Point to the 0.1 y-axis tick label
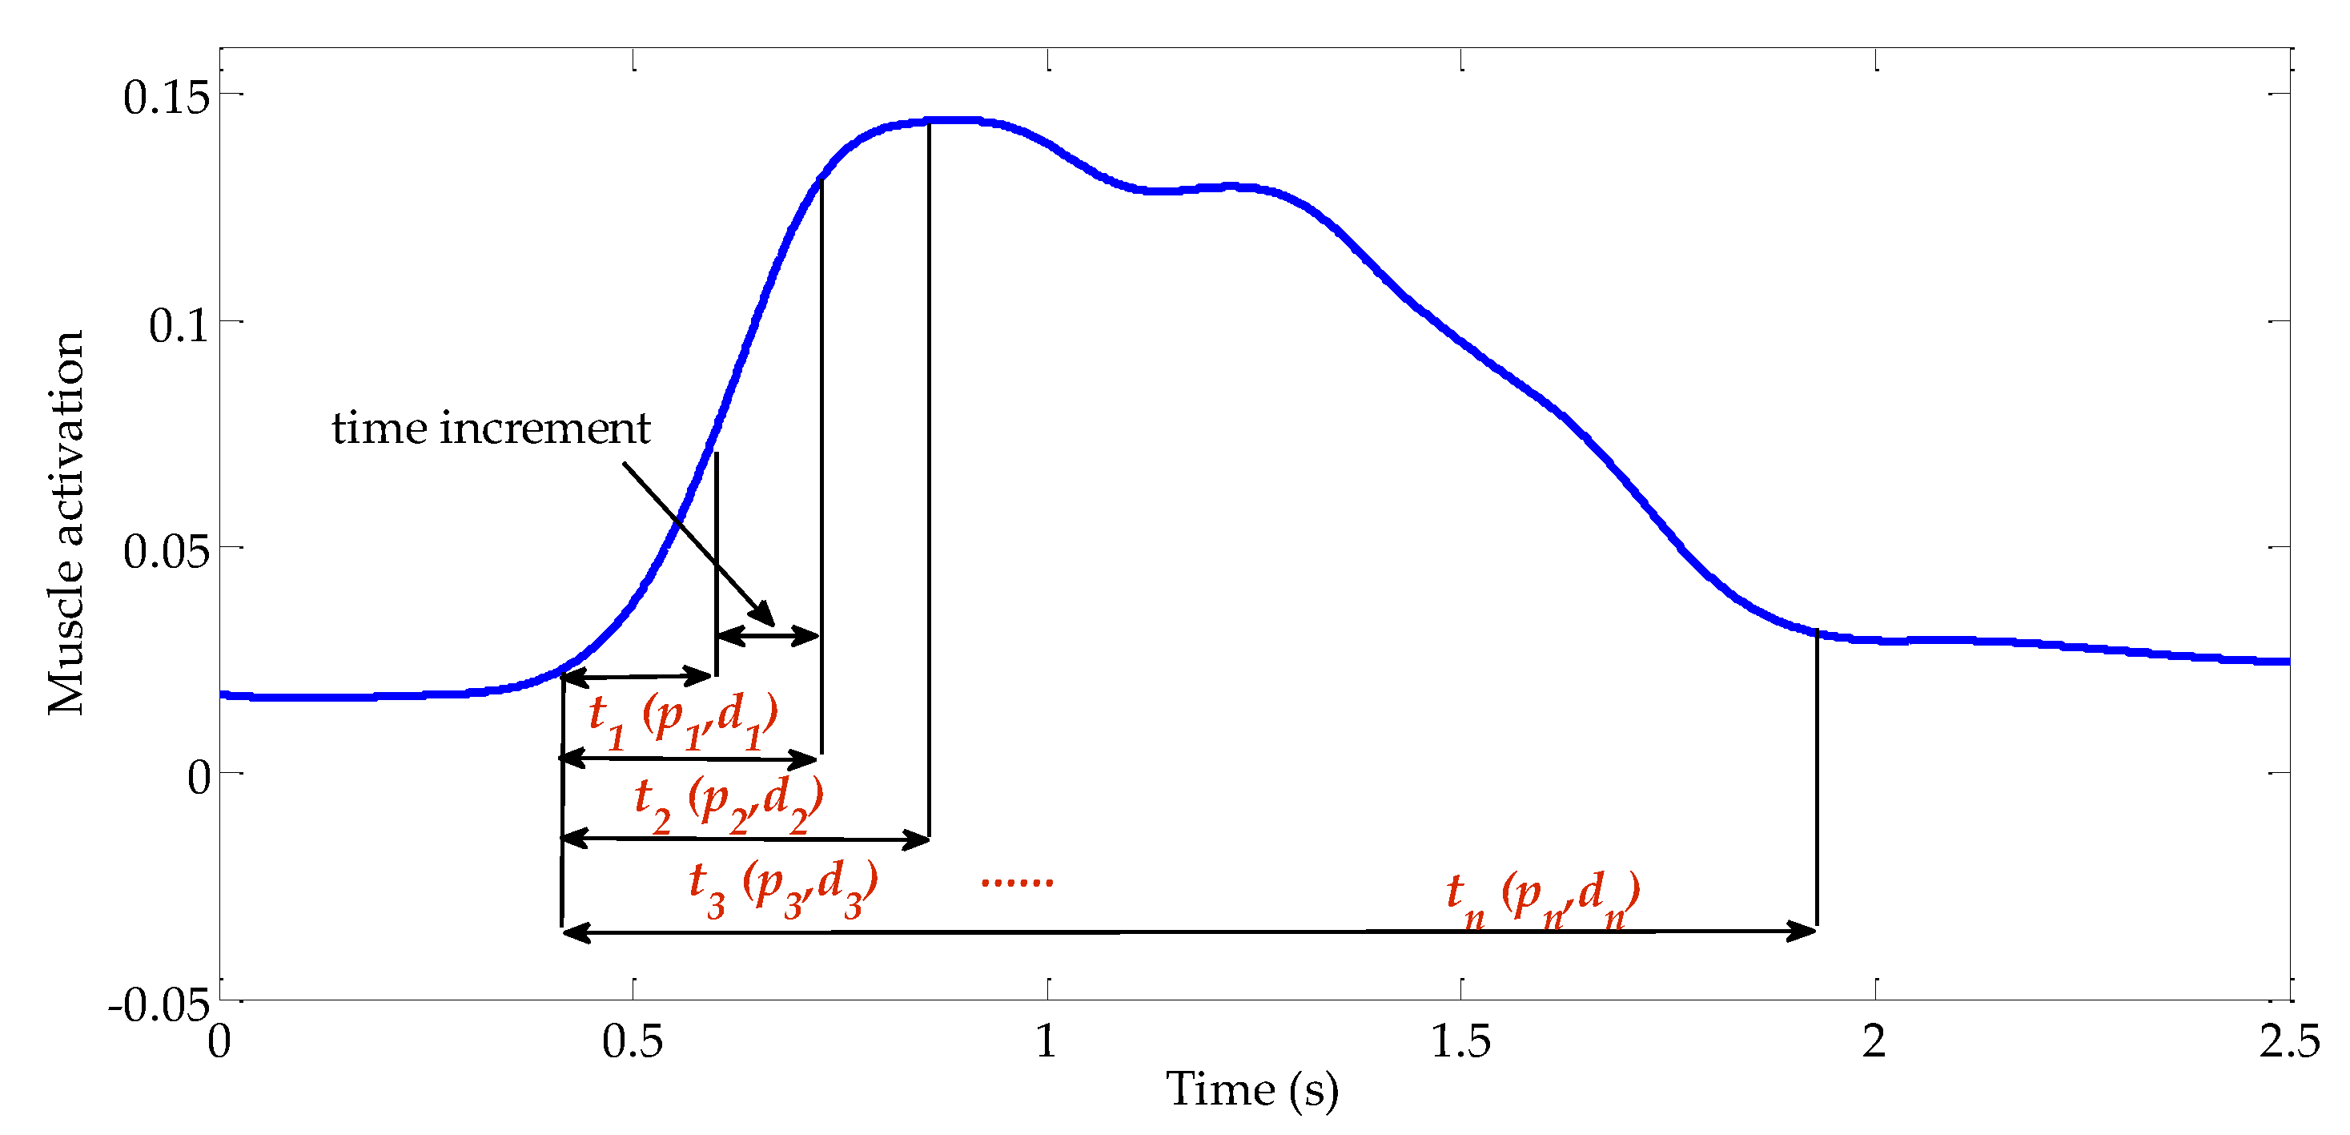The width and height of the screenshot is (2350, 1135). (x=179, y=325)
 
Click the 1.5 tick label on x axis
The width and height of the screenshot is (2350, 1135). (x=1460, y=1041)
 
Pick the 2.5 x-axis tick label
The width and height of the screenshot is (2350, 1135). (x=2289, y=1041)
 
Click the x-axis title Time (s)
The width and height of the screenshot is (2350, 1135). (x=1251, y=1089)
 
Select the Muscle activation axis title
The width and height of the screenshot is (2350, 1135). (x=66, y=522)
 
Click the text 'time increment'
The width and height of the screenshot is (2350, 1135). (x=491, y=428)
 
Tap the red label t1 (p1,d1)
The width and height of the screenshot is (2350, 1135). (x=683, y=719)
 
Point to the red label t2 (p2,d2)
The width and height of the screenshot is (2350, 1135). (x=729, y=803)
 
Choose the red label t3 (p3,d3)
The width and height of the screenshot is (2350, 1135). (x=783, y=887)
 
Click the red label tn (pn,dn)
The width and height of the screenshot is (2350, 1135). (x=1543, y=898)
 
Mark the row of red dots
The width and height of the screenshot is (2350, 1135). (x=1016, y=881)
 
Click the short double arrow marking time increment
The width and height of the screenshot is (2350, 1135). (x=768, y=635)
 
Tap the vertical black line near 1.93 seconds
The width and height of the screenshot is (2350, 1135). (x=1816, y=775)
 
